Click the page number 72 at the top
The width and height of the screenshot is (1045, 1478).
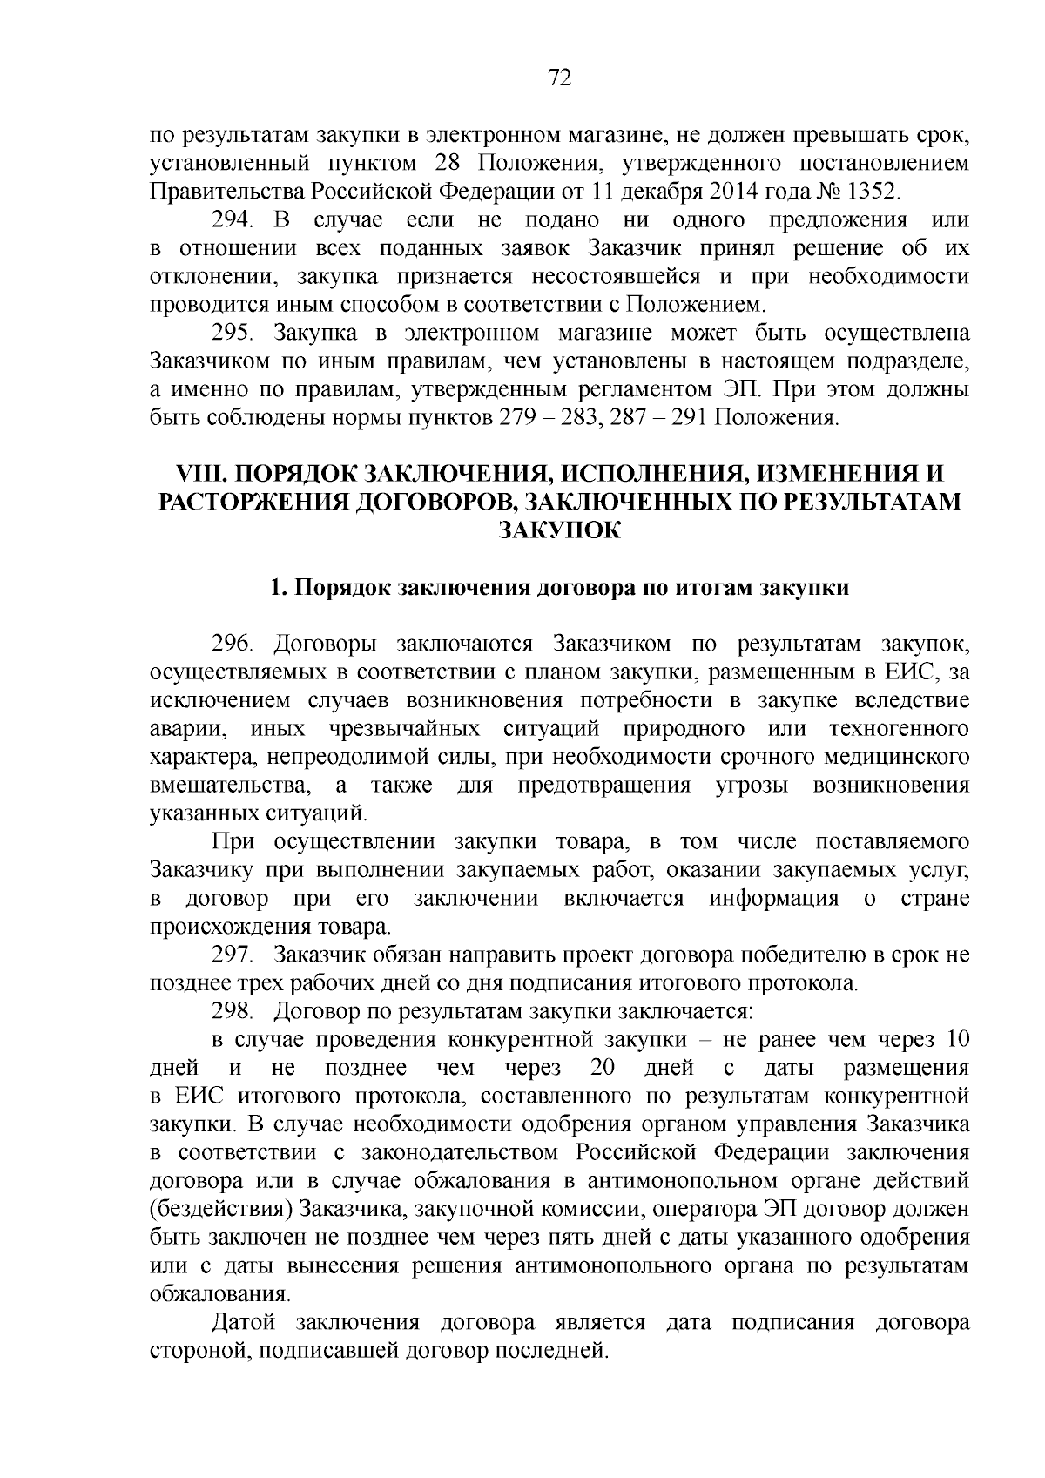[560, 79]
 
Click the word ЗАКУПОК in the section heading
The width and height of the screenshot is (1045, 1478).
[559, 530]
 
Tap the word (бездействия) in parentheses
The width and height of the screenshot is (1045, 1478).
[221, 1210]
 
